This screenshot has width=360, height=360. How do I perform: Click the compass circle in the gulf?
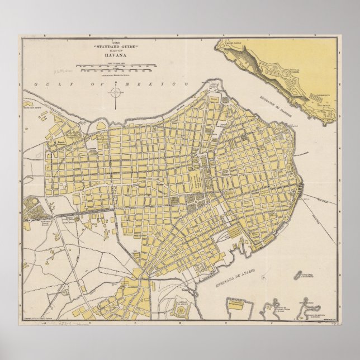[x=116, y=92]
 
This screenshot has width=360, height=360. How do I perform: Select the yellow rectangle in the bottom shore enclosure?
[x=236, y=305]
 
